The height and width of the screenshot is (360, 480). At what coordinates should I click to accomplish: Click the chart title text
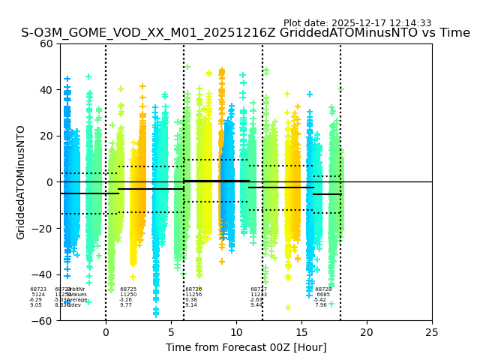pyautogui.click(x=245, y=33)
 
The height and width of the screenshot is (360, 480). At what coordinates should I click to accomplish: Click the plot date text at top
pyautogui.click(x=357, y=23)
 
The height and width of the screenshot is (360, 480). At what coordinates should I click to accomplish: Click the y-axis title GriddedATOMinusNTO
pyautogui.click(x=21, y=182)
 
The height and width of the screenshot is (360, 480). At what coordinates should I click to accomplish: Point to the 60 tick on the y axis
pyautogui.click(x=46, y=43)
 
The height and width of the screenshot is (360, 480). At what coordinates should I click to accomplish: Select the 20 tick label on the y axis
pyautogui.click(x=46, y=136)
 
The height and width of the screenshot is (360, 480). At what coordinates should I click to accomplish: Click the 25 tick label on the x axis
pyautogui.click(x=432, y=331)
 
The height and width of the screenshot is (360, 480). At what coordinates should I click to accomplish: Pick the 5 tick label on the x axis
pyautogui.click(x=171, y=331)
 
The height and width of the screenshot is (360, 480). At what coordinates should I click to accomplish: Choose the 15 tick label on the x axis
pyautogui.click(x=301, y=331)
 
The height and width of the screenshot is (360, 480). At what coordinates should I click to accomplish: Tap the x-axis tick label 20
pyautogui.click(x=367, y=331)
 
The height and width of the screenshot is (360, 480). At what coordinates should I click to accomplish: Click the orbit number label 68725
pyautogui.click(x=128, y=289)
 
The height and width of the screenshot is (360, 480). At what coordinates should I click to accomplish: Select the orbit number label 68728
pyautogui.click(x=323, y=289)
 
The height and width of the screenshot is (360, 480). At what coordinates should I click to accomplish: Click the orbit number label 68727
pyautogui.click(x=259, y=289)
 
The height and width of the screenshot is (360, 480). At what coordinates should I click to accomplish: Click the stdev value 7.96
pyautogui.click(x=321, y=305)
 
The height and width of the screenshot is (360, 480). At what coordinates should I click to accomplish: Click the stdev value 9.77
pyautogui.click(x=126, y=305)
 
